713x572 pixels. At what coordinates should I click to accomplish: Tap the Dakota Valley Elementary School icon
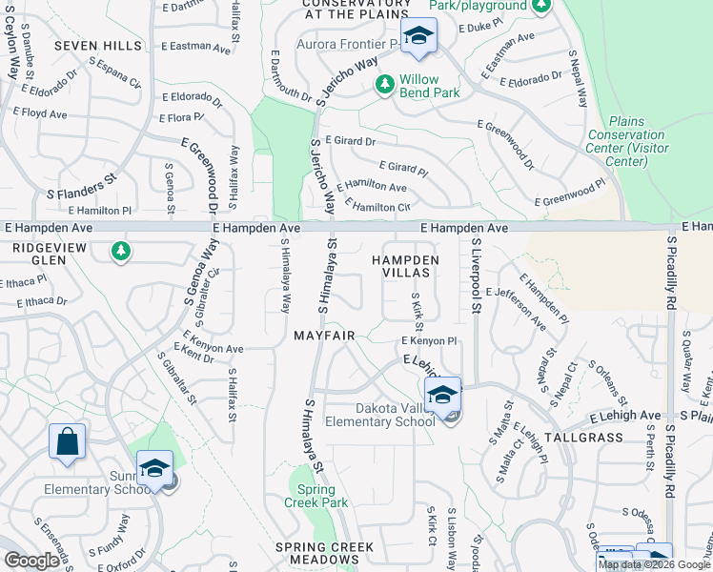pyautogui.click(x=443, y=395)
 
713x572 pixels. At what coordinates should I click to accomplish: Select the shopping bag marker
pyautogui.click(x=67, y=442)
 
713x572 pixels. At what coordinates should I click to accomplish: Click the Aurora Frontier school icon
pyautogui.click(x=418, y=37)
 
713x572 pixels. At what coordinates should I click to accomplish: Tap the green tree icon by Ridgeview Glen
pyautogui.click(x=120, y=252)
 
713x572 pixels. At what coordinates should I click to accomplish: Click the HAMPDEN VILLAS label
pyautogui.click(x=406, y=266)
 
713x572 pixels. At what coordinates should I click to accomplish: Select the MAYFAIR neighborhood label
pyautogui.click(x=324, y=337)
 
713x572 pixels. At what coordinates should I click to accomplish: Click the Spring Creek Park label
pyautogui.click(x=316, y=496)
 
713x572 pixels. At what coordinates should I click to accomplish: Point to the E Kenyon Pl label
pyautogui.click(x=430, y=340)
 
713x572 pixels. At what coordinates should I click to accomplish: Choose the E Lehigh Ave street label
pyautogui.click(x=624, y=416)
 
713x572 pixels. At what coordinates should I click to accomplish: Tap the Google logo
pyautogui.click(x=31, y=561)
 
